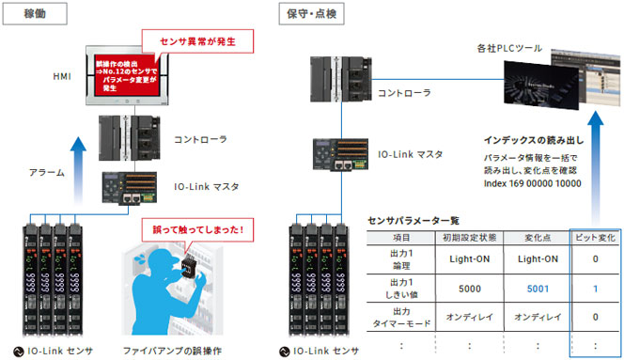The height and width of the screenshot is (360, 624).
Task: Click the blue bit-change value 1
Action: [x=596, y=290]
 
